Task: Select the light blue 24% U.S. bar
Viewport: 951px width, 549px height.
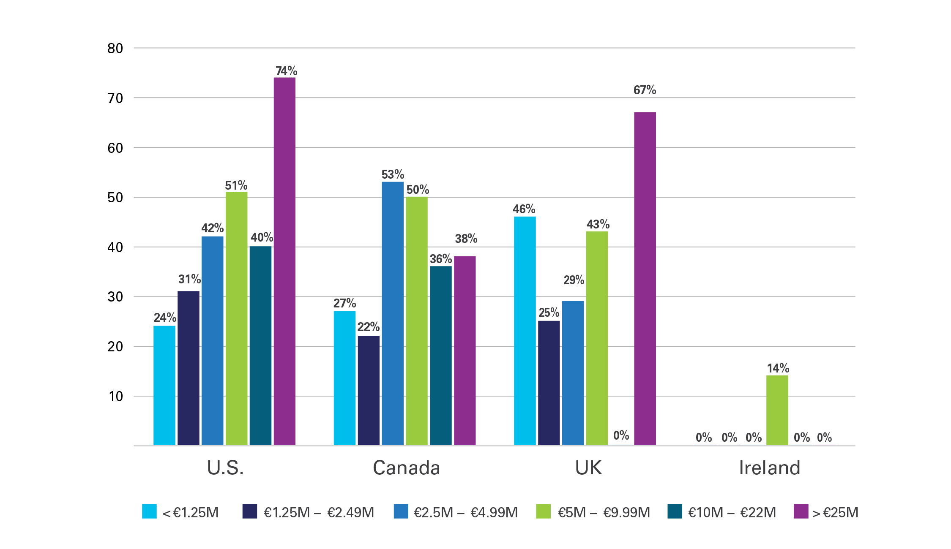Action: tap(164, 385)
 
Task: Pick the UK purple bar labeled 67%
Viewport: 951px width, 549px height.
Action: tap(645, 278)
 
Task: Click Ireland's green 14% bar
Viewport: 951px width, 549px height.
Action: tap(777, 410)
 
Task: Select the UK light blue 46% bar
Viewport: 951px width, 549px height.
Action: tap(525, 331)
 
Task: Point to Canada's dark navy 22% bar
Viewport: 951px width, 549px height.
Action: tap(368, 390)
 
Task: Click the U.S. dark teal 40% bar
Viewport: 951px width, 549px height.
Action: tap(260, 345)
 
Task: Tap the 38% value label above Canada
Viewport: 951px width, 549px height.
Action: tap(466, 239)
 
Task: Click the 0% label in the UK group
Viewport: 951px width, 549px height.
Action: tap(621, 435)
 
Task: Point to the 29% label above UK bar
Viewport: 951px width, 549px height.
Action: tap(574, 280)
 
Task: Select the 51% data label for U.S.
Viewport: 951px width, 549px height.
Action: tap(236, 185)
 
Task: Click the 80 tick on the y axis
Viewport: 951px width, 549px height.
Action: tap(115, 49)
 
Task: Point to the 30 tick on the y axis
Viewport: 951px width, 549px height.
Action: tap(115, 297)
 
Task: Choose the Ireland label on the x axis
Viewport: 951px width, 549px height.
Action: tap(770, 468)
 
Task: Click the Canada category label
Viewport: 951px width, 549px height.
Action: tap(406, 468)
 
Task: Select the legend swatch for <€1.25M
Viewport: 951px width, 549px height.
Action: tap(149, 511)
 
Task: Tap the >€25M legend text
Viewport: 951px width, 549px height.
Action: tap(835, 513)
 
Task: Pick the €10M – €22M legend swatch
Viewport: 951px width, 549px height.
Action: tap(675, 511)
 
